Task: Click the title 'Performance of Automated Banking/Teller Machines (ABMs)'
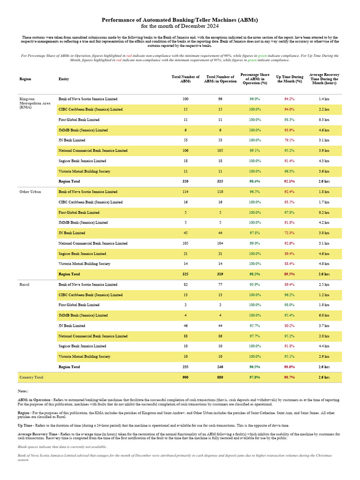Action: (x=180, y=20)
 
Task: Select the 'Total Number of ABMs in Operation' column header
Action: (x=221, y=79)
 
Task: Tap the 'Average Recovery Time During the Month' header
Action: (x=324, y=78)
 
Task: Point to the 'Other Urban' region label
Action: (x=30, y=192)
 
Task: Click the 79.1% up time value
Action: (x=289, y=140)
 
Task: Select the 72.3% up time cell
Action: (x=289, y=233)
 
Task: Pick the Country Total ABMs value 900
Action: (x=186, y=377)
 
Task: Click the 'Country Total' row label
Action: (x=31, y=377)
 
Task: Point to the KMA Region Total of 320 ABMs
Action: (x=186, y=181)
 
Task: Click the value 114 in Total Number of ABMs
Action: (x=186, y=192)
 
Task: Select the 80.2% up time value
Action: (x=289, y=326)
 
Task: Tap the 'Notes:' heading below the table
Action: (x=22, y=391)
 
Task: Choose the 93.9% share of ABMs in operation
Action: (x=255, y=285)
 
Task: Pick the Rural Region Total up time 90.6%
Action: (x=289, y=367)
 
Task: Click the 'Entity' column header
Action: (x=64, y=79)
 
